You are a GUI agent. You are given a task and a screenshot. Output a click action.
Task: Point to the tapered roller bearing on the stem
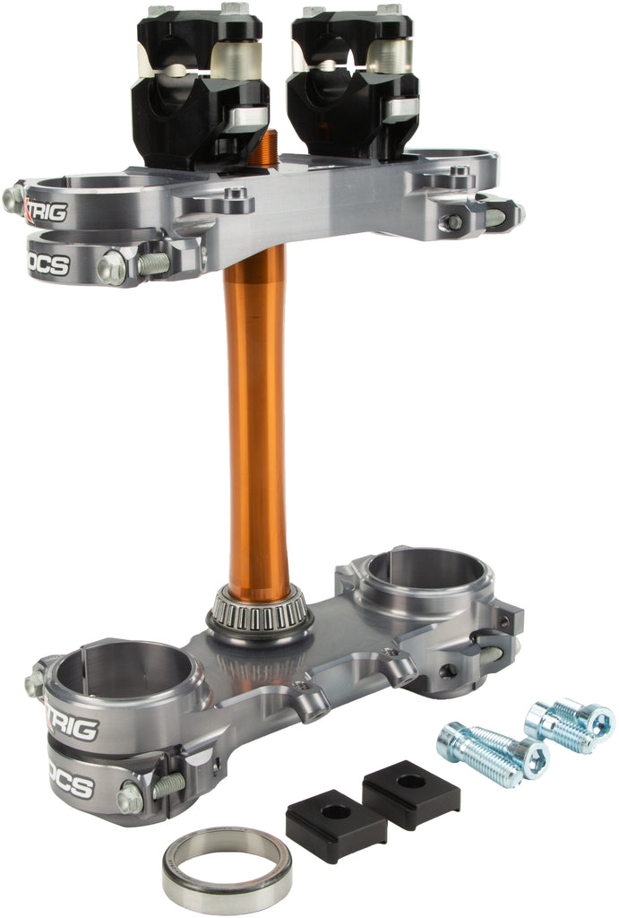click(x=260, y=613)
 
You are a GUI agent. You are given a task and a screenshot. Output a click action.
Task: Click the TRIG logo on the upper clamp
click(x=47, y=211)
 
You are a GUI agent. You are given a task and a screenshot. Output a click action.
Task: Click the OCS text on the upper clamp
click(x=50, y=265)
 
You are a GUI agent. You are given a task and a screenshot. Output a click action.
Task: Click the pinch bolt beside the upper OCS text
click(x=112, y=267)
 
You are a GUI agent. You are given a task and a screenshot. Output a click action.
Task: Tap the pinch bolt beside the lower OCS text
click(x=131, y=797)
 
